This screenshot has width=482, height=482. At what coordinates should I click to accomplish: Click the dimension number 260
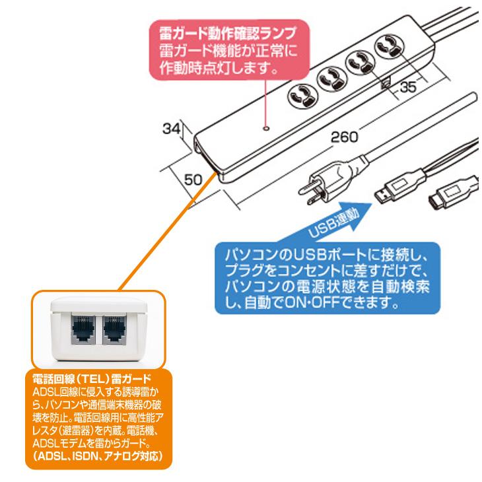click(344, 138)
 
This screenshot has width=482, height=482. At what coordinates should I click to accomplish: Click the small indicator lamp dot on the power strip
click(266, 126)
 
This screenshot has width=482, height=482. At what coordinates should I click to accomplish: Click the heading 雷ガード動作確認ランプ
click(225, 33)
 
